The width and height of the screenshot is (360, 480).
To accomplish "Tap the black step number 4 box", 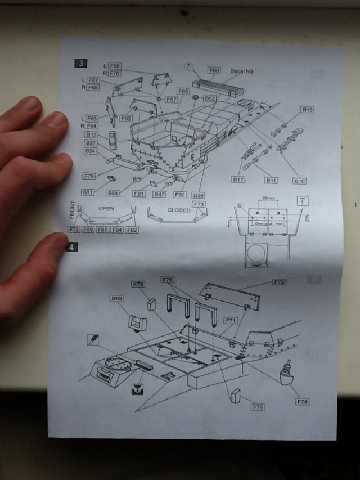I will (71, 246).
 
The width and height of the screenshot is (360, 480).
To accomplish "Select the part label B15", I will (308, 110).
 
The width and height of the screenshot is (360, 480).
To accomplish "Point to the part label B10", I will (299, 181).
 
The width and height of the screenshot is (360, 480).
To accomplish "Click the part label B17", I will (239, 180).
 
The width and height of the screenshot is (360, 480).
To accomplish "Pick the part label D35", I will (198, 195).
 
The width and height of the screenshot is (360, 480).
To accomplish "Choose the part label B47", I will (159, 194).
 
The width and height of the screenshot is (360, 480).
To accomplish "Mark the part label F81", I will (139, 194).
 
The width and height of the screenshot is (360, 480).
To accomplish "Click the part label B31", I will (88, 192).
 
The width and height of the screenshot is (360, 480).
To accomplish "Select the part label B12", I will (91, 135).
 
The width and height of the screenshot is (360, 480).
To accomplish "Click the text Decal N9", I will (242, 71).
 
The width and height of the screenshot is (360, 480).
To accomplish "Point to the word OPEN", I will (106, 208).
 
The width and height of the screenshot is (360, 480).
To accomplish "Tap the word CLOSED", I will (179, 210).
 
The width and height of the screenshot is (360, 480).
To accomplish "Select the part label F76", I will (167, 280).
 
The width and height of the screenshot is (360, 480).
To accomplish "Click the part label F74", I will (303, 402).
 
